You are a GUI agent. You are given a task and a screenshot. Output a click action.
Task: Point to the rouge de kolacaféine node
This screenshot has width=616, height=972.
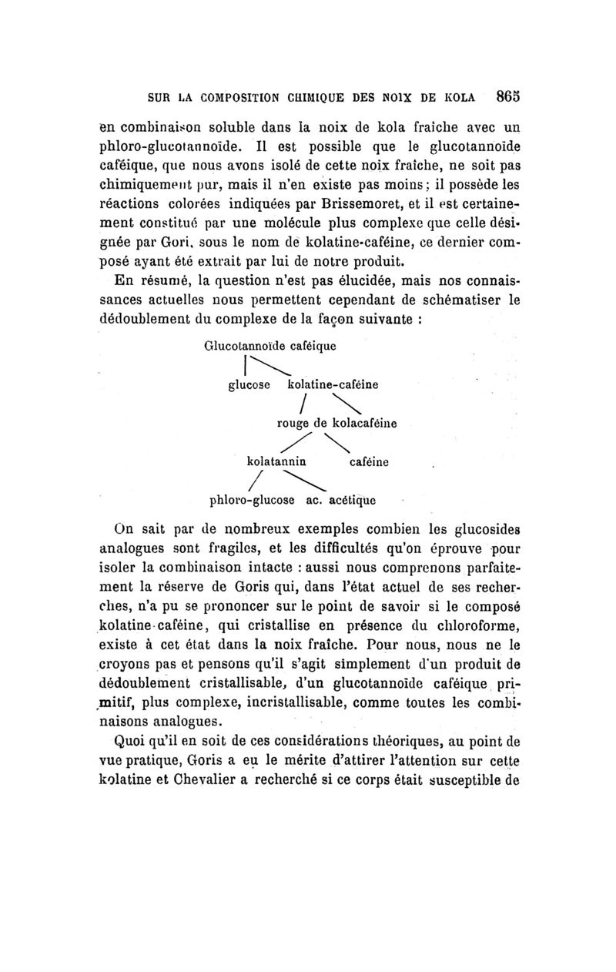(x=336, y=422)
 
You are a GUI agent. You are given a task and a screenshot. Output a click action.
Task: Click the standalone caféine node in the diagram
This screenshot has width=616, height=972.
(x=369, y=462)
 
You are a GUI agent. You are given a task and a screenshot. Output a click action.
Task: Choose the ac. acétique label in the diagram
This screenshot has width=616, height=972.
(x=341, y=500)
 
